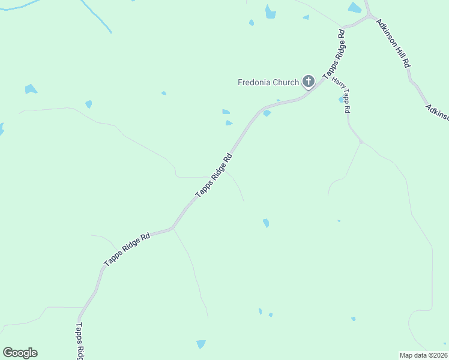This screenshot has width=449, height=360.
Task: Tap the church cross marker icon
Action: (309, 81)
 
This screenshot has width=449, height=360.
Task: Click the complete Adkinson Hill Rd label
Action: (393, 43)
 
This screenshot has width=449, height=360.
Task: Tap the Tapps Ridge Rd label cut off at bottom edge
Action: (79, 342)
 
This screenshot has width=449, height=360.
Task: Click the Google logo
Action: (20, 353)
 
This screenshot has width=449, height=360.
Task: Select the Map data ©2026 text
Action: (424, 355)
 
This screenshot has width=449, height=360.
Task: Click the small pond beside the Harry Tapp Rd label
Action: (341, 99)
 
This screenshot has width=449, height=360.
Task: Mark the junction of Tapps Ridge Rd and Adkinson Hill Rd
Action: (367, 16)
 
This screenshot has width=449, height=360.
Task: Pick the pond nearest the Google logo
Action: (200, 344)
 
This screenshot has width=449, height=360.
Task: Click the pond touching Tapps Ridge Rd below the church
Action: (267, 113)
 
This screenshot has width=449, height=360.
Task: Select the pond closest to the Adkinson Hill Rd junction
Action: (355, 8)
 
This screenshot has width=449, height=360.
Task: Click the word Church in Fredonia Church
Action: (286, 82)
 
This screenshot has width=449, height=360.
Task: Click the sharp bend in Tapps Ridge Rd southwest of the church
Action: (173, 228)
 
